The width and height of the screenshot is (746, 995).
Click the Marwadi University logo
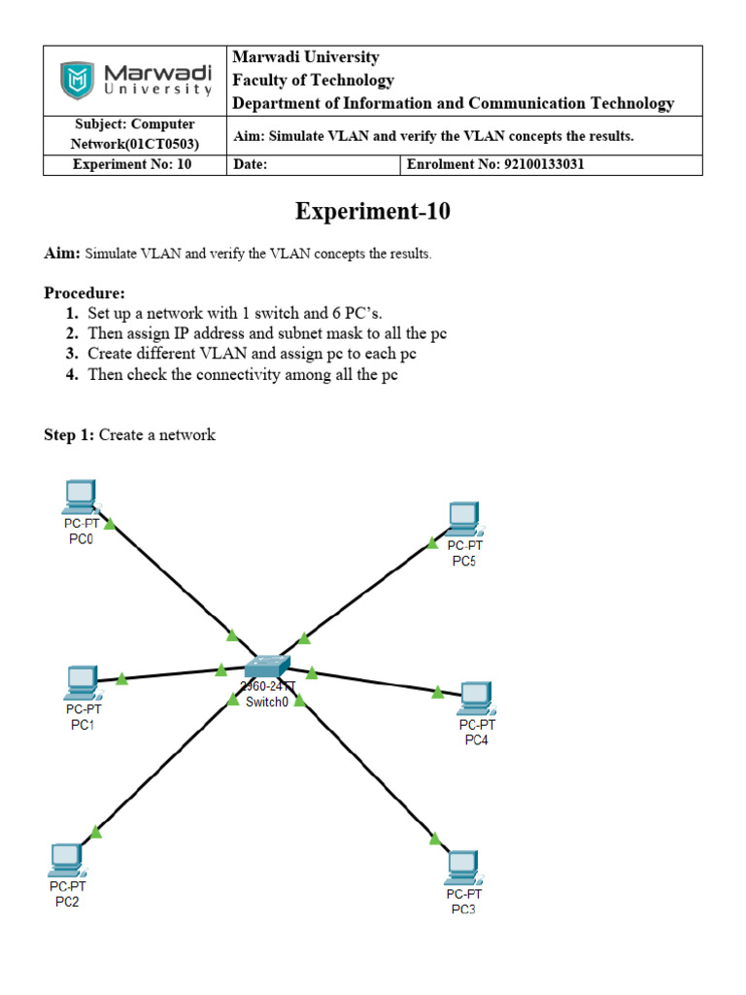coord(136,81)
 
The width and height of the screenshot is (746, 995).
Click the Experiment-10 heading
coord(372,212)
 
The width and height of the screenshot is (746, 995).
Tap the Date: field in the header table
coord(251,165)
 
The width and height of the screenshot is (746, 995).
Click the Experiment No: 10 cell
coord(133,165)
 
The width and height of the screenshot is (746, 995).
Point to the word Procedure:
coord(85,293)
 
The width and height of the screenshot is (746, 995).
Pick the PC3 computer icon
coord(463,865)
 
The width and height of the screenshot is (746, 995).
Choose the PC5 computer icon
coord(463,519)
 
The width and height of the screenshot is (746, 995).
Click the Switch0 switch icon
coord(266,667)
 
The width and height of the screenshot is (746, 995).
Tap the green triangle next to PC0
coord(110,524)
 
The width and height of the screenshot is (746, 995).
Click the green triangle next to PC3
coord(434,838)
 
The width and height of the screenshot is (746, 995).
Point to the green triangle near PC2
coord(95,831)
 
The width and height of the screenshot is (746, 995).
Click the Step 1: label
coord(69,435)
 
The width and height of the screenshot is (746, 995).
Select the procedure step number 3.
coord(72,354)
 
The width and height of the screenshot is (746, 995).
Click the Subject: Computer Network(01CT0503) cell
coord(135,135)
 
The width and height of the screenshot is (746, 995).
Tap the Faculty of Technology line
coord(313,81)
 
